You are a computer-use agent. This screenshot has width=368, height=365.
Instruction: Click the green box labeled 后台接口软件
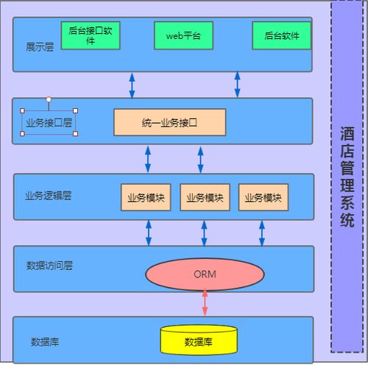point(91,35)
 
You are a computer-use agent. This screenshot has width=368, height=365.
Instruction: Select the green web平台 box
point(183,35)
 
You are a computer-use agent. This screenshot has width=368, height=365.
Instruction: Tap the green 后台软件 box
point(282,35)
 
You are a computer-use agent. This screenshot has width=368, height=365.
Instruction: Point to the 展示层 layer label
point(40,47)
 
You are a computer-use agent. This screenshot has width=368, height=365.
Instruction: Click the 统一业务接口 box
point(170,122)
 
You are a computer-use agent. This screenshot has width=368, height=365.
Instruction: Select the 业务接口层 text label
point(49,123)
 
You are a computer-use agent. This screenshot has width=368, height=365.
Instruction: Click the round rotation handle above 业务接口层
point(49,99)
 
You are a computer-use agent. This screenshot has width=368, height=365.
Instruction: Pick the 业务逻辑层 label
point(48,196)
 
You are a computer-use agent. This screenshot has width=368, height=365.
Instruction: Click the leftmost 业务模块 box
point(146,197)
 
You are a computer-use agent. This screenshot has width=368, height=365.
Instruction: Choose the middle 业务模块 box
point(205,197)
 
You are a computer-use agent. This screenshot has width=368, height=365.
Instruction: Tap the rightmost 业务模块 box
point(263,197)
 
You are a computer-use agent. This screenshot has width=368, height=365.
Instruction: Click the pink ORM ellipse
point(205,274)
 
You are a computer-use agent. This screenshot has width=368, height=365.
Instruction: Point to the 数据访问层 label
point(49,266)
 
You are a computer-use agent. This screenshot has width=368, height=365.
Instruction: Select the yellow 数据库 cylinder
point(199,340)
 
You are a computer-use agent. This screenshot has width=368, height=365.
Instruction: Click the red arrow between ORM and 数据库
point(205,303)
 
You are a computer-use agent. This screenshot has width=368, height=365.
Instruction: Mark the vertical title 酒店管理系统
point(347,177)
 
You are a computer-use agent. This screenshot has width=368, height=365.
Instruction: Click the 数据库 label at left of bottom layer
point(45,341)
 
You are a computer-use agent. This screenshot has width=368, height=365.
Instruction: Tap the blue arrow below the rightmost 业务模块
point(262,233)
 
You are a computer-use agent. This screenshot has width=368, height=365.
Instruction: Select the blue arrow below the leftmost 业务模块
point(149,233)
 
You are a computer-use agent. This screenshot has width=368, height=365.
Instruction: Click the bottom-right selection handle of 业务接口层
point(76,134)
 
